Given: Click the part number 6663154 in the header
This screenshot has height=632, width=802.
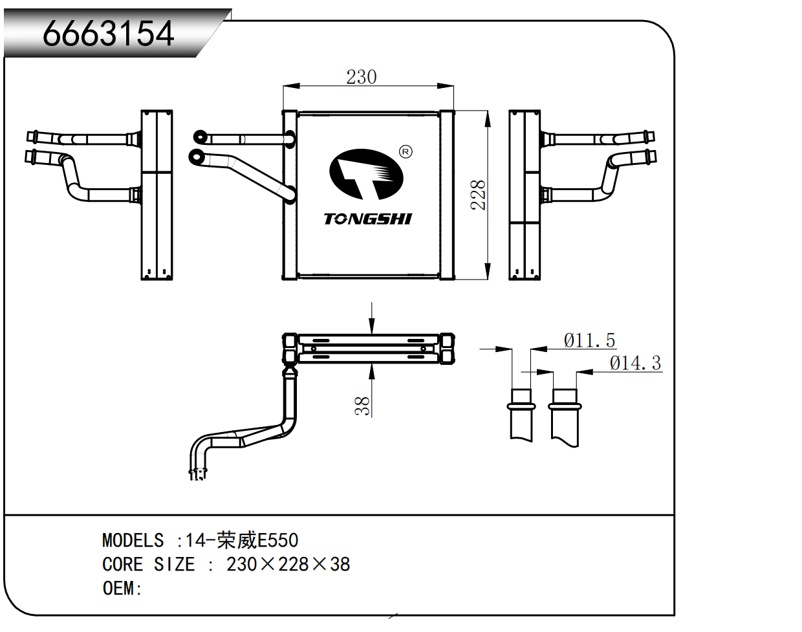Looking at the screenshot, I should [x=108, y=34].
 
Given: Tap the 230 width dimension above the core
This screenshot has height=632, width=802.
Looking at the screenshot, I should [x=361, y=77].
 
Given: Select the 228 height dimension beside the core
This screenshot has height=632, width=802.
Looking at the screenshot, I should [x=478, y=194].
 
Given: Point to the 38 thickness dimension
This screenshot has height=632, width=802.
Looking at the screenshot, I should [x=362, y=406].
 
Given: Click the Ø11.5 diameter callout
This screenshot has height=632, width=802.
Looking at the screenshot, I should [x=589, y=340].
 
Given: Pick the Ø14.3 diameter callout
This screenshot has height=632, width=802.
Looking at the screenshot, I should [x=635, y=363].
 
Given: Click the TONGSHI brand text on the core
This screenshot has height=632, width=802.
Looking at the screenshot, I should [x=367, y=219].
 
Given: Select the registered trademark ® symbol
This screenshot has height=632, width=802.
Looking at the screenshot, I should [x=406, y=152].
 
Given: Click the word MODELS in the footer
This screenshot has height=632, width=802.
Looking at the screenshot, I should [x=133, y=540].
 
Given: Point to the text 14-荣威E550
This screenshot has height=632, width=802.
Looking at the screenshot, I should [x=241, y=540].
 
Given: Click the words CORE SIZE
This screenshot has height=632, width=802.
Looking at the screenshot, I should [x=148, y=564].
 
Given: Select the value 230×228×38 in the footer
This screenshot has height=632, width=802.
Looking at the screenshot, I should [x=288, y=564].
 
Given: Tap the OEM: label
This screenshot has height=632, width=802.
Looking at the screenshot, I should [x=122, y=588].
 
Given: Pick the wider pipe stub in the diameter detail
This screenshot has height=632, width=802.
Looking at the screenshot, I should [x=565, y=417].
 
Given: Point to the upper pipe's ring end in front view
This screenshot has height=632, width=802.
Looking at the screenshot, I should [x=200, y=136].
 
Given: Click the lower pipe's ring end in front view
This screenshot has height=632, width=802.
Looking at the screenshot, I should [x=195, y=156].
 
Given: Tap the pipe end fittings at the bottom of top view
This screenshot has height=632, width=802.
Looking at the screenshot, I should [x=198, y=474].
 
